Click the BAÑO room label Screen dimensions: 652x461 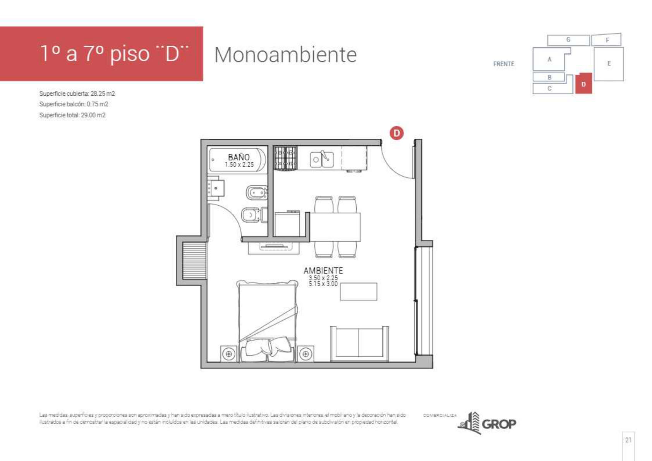pos(238,157)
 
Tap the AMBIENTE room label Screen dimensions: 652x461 pos(323,270)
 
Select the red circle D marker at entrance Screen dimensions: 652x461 pos(396,133)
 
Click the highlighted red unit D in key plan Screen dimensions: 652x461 pos(583,84)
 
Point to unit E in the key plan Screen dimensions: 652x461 pos(609,64)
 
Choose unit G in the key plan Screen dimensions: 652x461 pos(568,40)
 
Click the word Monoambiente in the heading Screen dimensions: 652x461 pos(286,55)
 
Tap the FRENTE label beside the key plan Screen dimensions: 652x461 pos(504,64)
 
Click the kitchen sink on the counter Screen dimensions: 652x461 pos(322,159)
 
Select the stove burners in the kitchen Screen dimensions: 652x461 pos(285,158)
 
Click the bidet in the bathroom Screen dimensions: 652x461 pos(257,193)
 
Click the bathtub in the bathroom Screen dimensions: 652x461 pos(237,160)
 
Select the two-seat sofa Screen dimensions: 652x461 pos(359,344)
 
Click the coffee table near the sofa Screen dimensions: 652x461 pos(359,291)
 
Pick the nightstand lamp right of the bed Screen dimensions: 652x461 pos(305,354)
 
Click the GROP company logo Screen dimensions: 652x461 pos(487,423)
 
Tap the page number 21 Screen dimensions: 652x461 pos(628,440)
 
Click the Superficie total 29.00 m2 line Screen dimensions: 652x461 pos(72,115)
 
